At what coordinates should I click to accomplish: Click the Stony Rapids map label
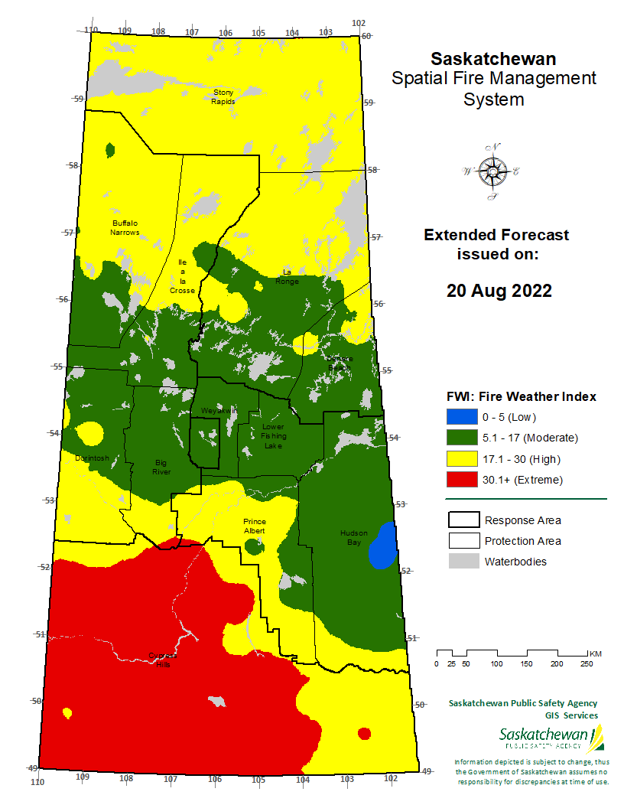pyautogui.click(x=223, y=96)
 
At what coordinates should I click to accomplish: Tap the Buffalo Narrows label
pyautogui.click(x=124, y=227)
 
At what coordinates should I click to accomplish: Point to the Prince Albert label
pyautogui.click(x=254, y=526)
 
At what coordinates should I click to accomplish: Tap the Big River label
pyautogui.click(x=161, y=467)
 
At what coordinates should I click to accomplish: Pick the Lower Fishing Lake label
pyautogui.click(x=272, y=436)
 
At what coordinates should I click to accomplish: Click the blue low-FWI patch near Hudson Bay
pyautogui.click(x=382, y=546)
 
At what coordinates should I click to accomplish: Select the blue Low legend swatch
pyautogui.click(x=461, y=417)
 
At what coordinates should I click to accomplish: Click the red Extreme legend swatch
pyautogui.click(x=461, y=480)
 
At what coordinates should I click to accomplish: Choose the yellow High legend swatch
pyautogui.click(x=461, y=459)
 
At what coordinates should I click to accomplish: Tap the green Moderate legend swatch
pyautogui.click(x=461, y=438)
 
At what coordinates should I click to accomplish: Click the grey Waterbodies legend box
pyautogui.click(x=461, y=562)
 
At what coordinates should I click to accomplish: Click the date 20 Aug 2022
pyautogui.click(x=499, y=292)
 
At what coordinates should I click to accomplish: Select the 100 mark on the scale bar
pyautogui.click(x=496, y=663)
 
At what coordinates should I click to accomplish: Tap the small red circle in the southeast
pyautogui.click(x=364, y=734)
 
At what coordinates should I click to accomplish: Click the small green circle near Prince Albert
pyautogui.click(x=252, y=546)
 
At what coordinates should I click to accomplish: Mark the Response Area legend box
pyautogui.click(x=461, y=520)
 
